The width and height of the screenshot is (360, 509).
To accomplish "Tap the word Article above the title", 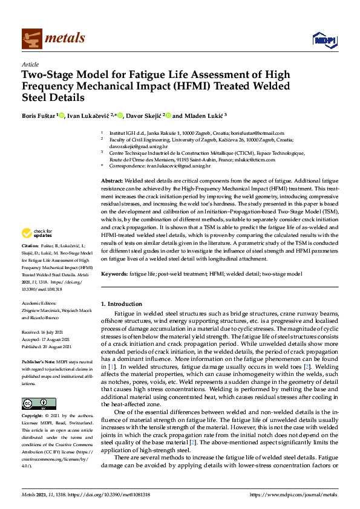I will tap(30, 64).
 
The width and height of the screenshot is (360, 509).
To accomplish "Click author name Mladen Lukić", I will tap(191, 115).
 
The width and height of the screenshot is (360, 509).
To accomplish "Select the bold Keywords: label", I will tap(114, 274).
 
